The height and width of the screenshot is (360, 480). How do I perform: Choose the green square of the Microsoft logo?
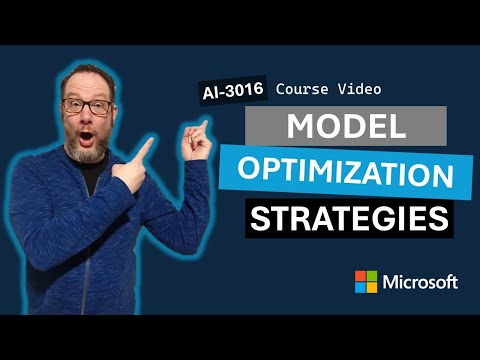(372, 276)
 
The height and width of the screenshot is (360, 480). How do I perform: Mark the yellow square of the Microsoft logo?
(372, 288)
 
